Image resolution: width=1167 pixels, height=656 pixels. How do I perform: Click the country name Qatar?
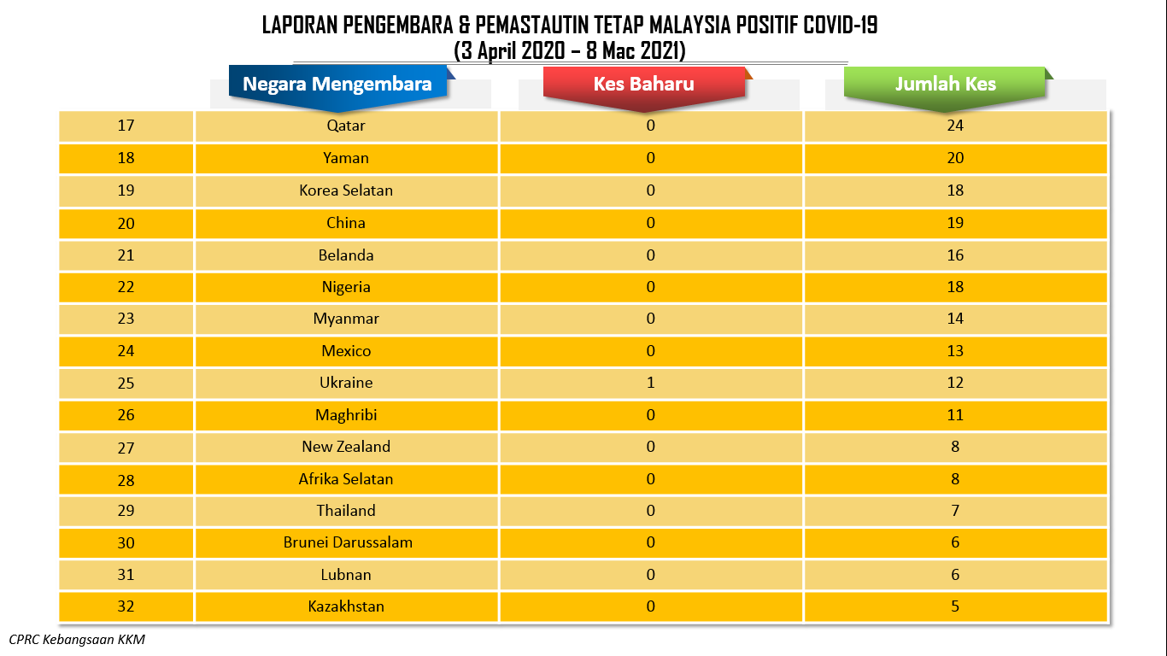(x=346, y=126)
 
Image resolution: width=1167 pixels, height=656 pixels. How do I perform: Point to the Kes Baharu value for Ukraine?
(x=650, y=383)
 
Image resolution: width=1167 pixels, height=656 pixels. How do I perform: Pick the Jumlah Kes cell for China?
(x=955, y=223)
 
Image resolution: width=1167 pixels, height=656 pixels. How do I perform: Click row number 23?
(x=126, y=319)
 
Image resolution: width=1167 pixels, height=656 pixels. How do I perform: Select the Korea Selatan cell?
(x=346, y=190)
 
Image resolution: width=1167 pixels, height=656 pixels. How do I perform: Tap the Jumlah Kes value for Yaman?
(x=955, y=158)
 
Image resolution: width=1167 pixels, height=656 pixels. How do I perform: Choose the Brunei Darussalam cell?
(x=346, y=543)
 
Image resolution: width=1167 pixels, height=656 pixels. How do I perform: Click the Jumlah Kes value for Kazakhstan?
(x=955, y=606)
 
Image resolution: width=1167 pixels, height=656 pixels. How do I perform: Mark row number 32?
(x=126, y=606)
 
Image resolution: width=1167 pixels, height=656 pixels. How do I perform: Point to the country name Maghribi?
(x=346, y=415)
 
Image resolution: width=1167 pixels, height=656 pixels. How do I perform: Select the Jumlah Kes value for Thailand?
(x=955, y=511)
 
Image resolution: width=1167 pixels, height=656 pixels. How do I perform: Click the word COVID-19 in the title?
(x=841, y=25)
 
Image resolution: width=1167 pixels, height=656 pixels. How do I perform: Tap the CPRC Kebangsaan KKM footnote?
(x=77, y=639)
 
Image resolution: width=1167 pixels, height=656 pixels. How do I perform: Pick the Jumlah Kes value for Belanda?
(x=955, y=255)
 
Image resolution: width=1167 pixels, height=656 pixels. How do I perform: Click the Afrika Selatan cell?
(x=346, y=479)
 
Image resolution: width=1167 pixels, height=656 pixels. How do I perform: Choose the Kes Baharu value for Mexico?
(x=650, y=351)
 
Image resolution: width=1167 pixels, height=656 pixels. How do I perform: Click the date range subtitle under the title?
(x=570, y=51)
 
